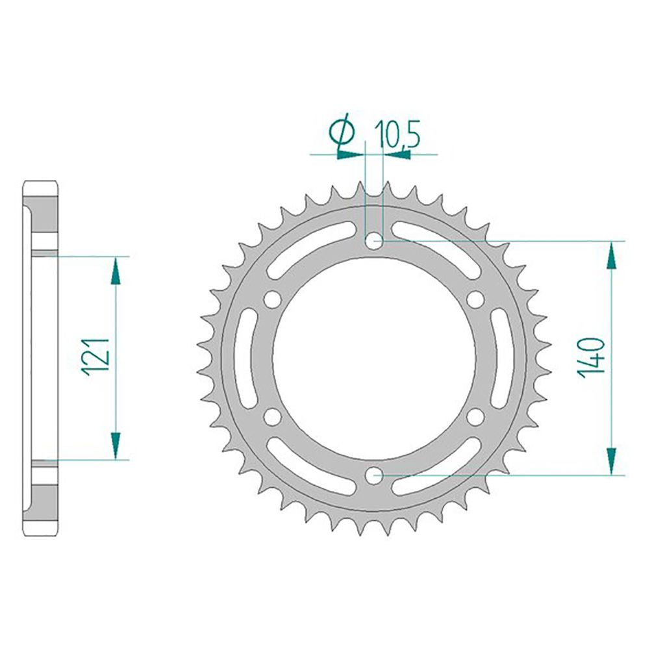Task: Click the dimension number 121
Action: coord(96,357)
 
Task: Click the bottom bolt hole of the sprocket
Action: coord(374,475)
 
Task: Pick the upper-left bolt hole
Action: coord(272,300)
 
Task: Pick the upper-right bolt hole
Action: coord(475,300)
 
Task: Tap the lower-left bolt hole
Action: coord(272,416)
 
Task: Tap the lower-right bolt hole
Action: coord(475,416)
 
